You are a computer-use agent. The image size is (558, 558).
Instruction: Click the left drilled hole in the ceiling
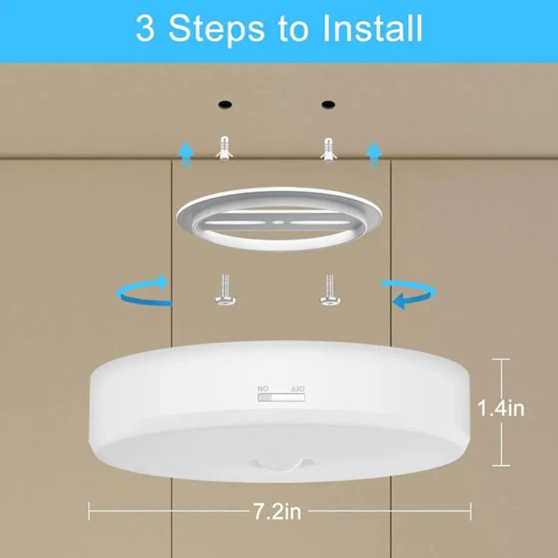225,105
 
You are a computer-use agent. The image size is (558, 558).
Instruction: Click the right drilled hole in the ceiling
328,105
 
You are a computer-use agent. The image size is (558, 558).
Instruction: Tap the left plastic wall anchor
225,148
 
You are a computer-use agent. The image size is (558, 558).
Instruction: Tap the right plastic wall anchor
328,150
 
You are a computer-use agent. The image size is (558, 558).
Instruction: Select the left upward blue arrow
186,154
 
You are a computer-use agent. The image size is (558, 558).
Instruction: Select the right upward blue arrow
374,154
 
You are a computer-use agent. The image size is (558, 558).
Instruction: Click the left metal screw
225,289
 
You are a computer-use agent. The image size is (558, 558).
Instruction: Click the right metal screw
330,289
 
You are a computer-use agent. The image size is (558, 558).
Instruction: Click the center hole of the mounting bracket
278,222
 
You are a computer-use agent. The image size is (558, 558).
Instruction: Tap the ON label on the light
263,388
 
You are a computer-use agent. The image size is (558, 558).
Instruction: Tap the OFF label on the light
298,388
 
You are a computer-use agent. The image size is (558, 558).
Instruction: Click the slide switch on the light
281,397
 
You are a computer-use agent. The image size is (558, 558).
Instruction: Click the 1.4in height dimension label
501,408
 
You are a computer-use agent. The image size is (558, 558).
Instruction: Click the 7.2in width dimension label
278,511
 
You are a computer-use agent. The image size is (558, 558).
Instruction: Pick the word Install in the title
372,28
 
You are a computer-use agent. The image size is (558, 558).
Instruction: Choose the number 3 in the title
145,28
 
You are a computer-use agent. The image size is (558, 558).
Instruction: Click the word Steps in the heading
217,30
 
